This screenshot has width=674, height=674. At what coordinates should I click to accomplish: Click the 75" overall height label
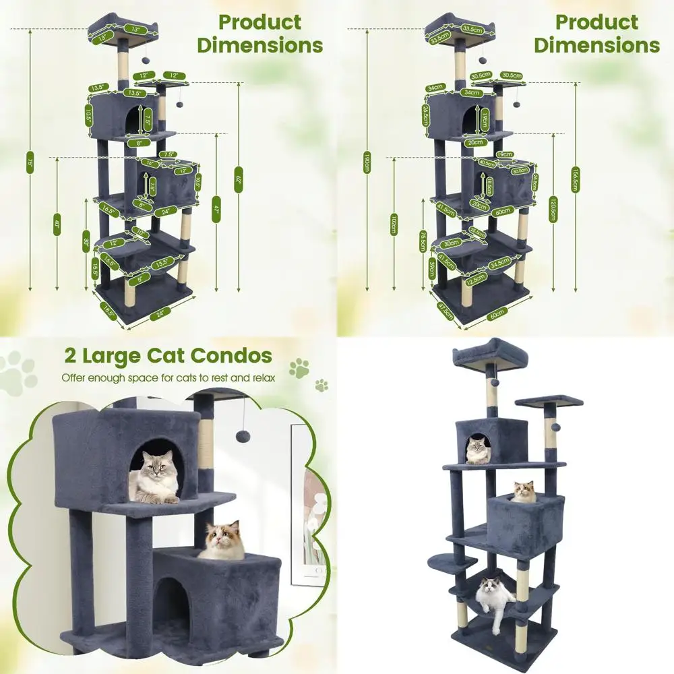click(30, 162)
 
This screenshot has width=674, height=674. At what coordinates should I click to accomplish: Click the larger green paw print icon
click(299, 367)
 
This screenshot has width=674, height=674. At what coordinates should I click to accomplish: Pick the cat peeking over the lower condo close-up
click(222, 541)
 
